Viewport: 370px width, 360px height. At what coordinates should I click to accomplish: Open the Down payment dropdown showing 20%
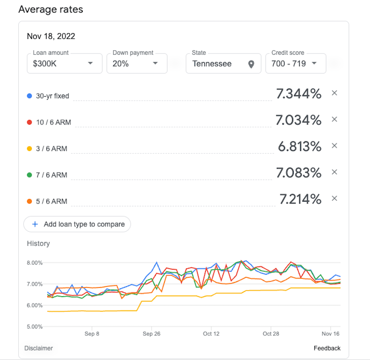pos(137,63)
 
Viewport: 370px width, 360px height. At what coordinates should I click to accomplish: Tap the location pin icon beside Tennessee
pos(251,64)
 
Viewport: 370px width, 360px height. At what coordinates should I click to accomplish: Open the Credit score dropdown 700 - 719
pos(295,63)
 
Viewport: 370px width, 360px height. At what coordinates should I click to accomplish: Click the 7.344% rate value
pos(299,94)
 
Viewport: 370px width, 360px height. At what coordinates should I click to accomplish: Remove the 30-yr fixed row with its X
pos(334,93)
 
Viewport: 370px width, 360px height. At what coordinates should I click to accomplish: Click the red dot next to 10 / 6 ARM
pos(29,122)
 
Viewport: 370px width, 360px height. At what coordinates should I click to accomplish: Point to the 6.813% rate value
pos(300,146)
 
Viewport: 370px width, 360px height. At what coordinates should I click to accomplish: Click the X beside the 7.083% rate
pos(334,172)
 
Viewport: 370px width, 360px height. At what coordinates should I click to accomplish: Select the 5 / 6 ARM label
pos(51,201)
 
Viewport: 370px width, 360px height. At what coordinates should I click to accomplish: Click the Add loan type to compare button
pos(77,224)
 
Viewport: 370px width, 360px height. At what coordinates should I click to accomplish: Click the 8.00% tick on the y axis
pos(35,263)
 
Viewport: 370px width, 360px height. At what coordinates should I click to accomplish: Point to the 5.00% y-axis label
pos(35,327)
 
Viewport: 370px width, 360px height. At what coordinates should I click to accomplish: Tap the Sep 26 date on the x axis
pos(151,334)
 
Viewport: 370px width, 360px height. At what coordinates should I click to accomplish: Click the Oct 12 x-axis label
pos(211,334)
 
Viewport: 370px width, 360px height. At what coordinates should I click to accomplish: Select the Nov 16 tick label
pos(330,334)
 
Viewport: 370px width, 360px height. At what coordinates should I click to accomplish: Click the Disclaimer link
pos(38,348)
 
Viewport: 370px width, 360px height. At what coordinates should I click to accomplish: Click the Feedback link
pos(327,348)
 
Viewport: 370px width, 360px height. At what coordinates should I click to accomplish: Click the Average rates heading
pos(51,10)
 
